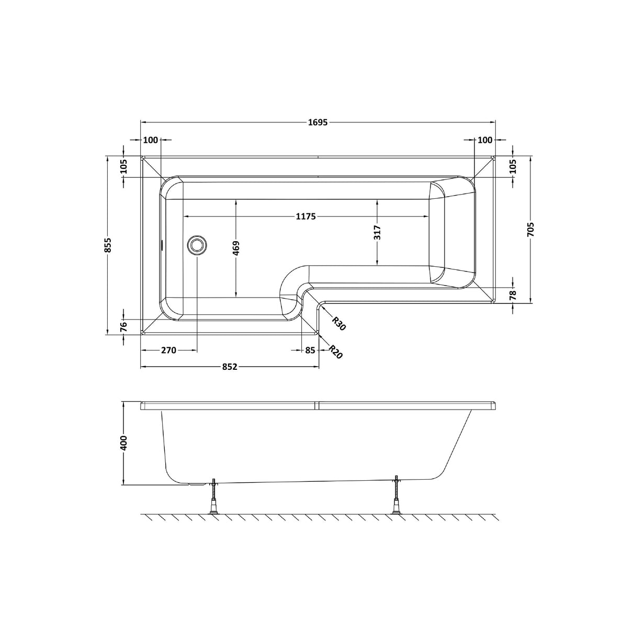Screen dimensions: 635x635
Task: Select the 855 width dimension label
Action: (x=108, y=245)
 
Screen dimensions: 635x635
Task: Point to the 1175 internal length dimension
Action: (x=305, y=217)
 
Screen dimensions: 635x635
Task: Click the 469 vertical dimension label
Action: (x=236, y=248)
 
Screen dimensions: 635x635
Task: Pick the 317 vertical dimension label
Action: (x=378, y=232)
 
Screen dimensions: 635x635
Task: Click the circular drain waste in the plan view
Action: (x=197, y=245)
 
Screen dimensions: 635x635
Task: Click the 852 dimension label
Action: (x=230, y=367)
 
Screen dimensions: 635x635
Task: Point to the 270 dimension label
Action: (x=168, y=350)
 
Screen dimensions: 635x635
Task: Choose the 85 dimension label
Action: (x=310, y=350)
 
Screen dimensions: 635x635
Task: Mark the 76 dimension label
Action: (x=123, y=327)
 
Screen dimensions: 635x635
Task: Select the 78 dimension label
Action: (x=513, y=294)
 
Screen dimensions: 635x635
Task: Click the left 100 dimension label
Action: (x=151, y=140)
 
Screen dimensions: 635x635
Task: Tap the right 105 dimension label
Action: (x=513, y=166)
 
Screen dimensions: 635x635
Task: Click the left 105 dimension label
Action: (x=123, y=166)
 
